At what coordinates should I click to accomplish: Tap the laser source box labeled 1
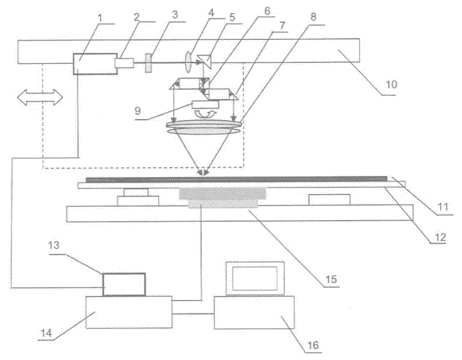point(93,63)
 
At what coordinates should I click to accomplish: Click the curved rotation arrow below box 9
point(207,114)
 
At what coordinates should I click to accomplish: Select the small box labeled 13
point(124,284)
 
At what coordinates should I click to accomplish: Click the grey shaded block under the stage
point(223,195)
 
